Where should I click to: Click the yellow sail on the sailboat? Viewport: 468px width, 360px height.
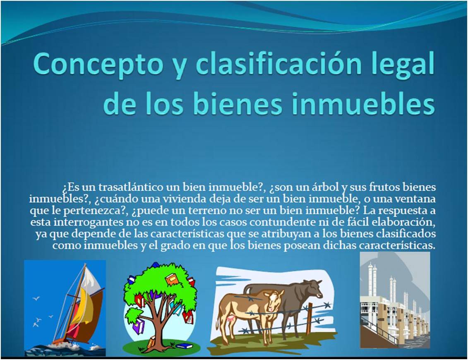tap(79, 306)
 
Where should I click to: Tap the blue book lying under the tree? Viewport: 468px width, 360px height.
tap(184, 346)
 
